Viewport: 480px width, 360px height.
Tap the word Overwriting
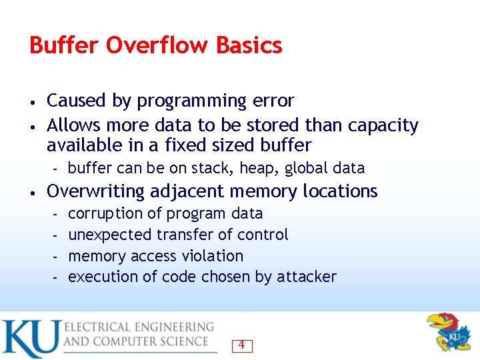[95, 191]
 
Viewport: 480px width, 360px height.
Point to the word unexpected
[110, 235]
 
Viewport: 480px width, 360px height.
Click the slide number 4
[241, 345]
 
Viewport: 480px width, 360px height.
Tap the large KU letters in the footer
[30, 337]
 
